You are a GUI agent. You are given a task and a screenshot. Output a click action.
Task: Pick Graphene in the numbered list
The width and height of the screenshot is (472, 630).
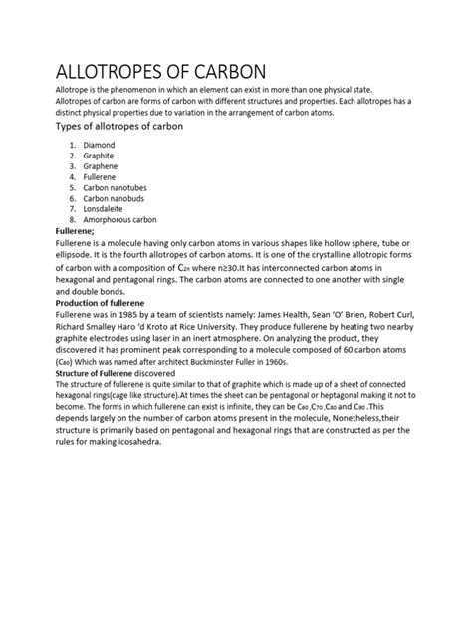point(101,167)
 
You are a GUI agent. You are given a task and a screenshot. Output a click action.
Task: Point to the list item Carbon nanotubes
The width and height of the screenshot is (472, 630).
point(116,188)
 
